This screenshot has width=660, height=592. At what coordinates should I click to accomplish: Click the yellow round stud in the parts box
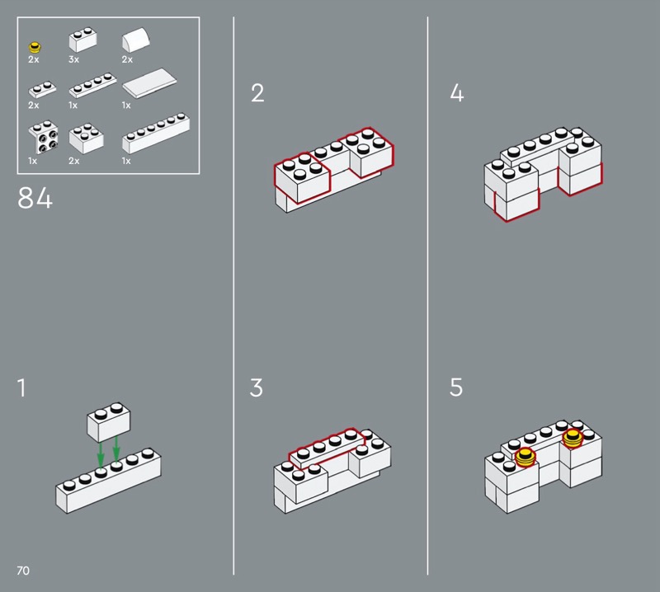click(35, 47)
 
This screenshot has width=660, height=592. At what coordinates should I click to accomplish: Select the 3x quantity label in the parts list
click(73, 59)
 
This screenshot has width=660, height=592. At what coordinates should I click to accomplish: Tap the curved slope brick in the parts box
click(135, 40)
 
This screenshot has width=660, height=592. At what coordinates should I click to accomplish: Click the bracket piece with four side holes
click(43, 138)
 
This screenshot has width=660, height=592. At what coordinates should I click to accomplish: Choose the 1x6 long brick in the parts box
click(156, 133)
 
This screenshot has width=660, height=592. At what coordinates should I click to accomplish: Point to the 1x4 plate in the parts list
click(92, 85)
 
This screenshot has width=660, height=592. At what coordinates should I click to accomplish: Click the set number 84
click(35, 198)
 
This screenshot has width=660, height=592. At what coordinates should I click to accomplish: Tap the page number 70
click(23, 571)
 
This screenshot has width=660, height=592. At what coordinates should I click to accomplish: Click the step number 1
click(22, 388)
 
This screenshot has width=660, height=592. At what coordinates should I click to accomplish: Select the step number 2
click(257, 93)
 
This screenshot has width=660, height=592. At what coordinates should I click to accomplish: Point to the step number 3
click(257, 388)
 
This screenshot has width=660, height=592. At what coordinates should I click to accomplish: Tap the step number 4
click(457, 93)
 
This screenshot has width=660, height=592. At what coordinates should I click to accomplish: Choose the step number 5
click(456, 388)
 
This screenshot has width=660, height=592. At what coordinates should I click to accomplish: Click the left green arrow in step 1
click(100, 454)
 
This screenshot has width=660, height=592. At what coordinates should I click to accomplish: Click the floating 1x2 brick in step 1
click(109, 422)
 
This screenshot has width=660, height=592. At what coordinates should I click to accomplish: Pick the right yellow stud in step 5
click(573, 439)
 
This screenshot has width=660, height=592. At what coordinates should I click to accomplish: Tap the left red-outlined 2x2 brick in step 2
click(302, 177)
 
